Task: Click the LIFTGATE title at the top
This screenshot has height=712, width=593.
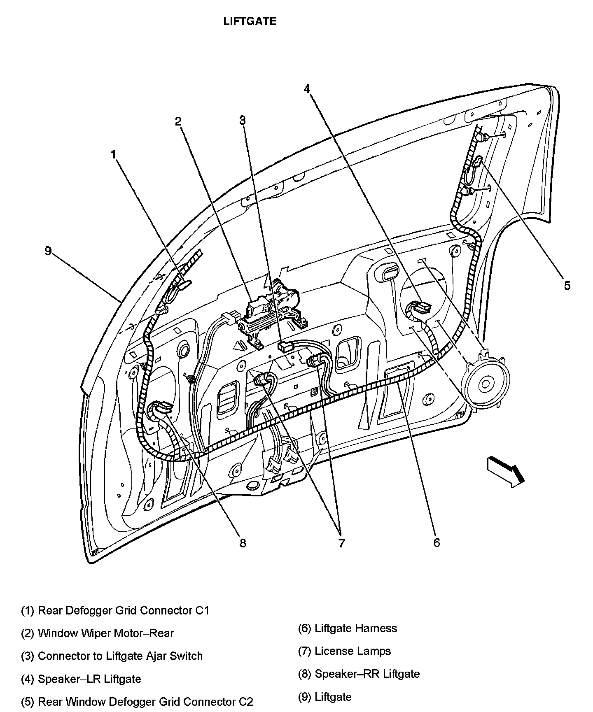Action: coord(250,21)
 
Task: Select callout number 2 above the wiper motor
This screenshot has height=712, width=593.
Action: coord(178,121)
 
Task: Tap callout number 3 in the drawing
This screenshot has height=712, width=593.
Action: coord(243,120)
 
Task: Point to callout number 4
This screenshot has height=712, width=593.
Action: coord(307,89)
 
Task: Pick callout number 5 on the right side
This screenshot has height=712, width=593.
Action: coord(567,286)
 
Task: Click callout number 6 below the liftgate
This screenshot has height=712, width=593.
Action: coord(437,542)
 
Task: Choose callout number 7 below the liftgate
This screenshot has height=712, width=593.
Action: coord(341,543)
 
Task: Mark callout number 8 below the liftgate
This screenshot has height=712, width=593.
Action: coord(243,543)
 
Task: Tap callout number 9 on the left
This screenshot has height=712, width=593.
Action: coord(48,251)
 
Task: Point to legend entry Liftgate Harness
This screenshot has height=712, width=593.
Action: coord(348,628)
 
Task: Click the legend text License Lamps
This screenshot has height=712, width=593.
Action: coord(344,651)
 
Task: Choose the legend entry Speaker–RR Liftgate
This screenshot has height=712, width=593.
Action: coord(359,674)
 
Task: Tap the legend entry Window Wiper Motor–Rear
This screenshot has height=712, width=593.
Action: coord(98,633)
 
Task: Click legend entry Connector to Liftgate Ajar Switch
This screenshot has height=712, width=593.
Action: coord(112,656)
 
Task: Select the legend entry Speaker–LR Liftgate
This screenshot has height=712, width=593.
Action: coord(81,679)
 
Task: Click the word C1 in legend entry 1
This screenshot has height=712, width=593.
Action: coord(202,610)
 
